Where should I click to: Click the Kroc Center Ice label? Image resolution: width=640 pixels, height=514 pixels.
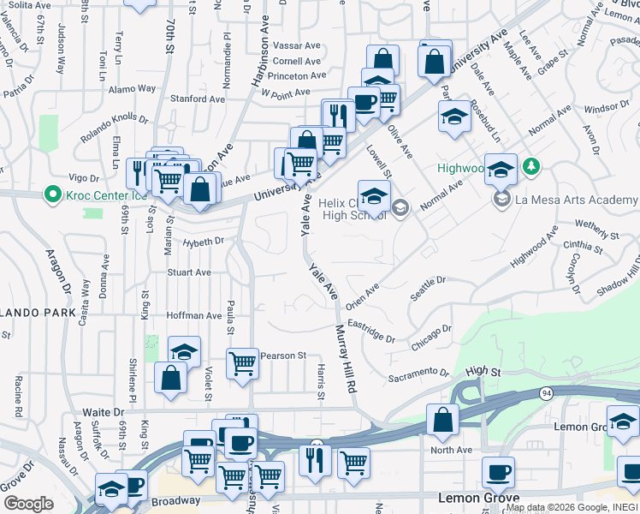[103, 194]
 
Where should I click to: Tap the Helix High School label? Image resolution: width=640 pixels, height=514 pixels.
[354, 209]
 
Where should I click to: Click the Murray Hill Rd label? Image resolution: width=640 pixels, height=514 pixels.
[346, 358]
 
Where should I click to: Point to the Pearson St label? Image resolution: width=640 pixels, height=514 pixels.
[282, 355]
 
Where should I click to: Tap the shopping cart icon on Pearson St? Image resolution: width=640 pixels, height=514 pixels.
[243, 363]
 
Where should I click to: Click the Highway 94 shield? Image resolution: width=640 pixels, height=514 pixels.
[546, 392]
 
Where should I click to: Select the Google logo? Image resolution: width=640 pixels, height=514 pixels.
[28, 503]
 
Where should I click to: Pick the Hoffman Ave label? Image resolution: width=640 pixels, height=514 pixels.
[194, 315]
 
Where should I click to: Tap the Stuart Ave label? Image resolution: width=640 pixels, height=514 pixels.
[189, 272]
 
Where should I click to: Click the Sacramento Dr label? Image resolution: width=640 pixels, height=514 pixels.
[418, 374]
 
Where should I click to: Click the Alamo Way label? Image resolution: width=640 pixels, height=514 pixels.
[132, 87]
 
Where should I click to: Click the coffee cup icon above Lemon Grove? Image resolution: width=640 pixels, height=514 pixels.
[498, 472]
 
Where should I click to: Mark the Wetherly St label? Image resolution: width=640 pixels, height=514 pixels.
[597, 230]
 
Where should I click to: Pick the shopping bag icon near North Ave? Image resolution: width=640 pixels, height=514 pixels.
[442, 420]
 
